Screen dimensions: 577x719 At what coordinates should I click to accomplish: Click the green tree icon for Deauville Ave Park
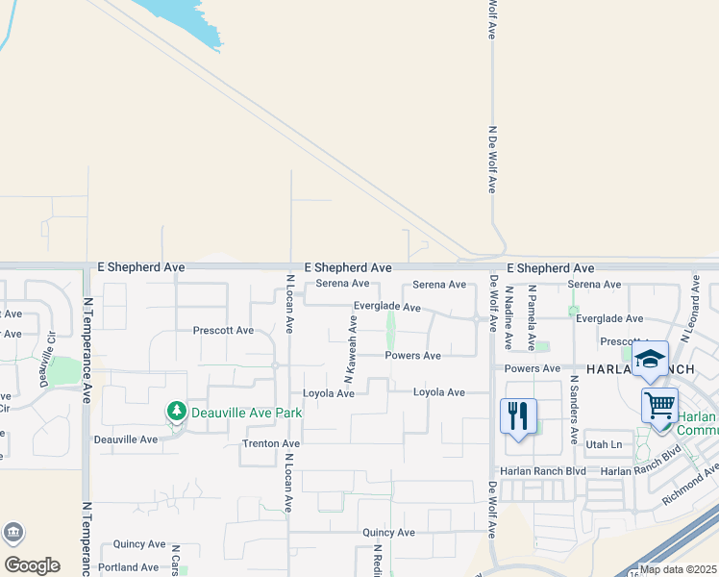[176, 412]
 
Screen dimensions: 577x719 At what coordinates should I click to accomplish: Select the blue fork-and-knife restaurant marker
[518, 416]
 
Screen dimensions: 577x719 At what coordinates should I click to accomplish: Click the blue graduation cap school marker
[651, 360]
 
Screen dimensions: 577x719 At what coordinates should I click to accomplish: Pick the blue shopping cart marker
[659, 407]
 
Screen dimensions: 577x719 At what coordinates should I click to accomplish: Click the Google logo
[32, 564]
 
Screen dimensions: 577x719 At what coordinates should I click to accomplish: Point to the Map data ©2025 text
[678, 569]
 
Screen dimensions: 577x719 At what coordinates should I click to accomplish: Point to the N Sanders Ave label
[573, 408]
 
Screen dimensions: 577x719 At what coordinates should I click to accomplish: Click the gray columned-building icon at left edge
[13, 533]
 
